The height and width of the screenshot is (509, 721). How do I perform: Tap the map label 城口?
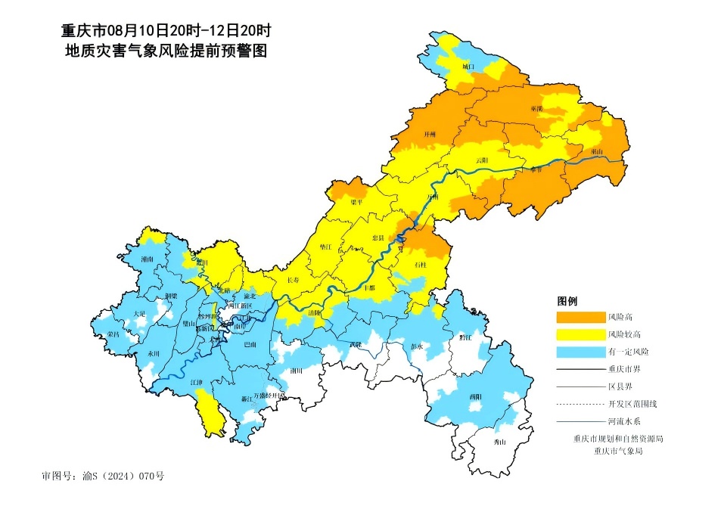[x=468, y=67]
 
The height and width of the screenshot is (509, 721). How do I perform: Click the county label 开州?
[x=430, y=134]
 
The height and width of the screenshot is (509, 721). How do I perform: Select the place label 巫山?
[x=597, y=151]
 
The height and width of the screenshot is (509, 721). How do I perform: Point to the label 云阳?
[x=481, y=160]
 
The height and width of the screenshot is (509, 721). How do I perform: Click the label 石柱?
[x=421, y=265]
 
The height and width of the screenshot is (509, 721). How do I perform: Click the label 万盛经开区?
[x=269, y=396]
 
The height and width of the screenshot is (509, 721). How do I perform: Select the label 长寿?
[x=293, y=281]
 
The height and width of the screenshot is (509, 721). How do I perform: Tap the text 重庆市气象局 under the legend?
[x=618, y=451]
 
